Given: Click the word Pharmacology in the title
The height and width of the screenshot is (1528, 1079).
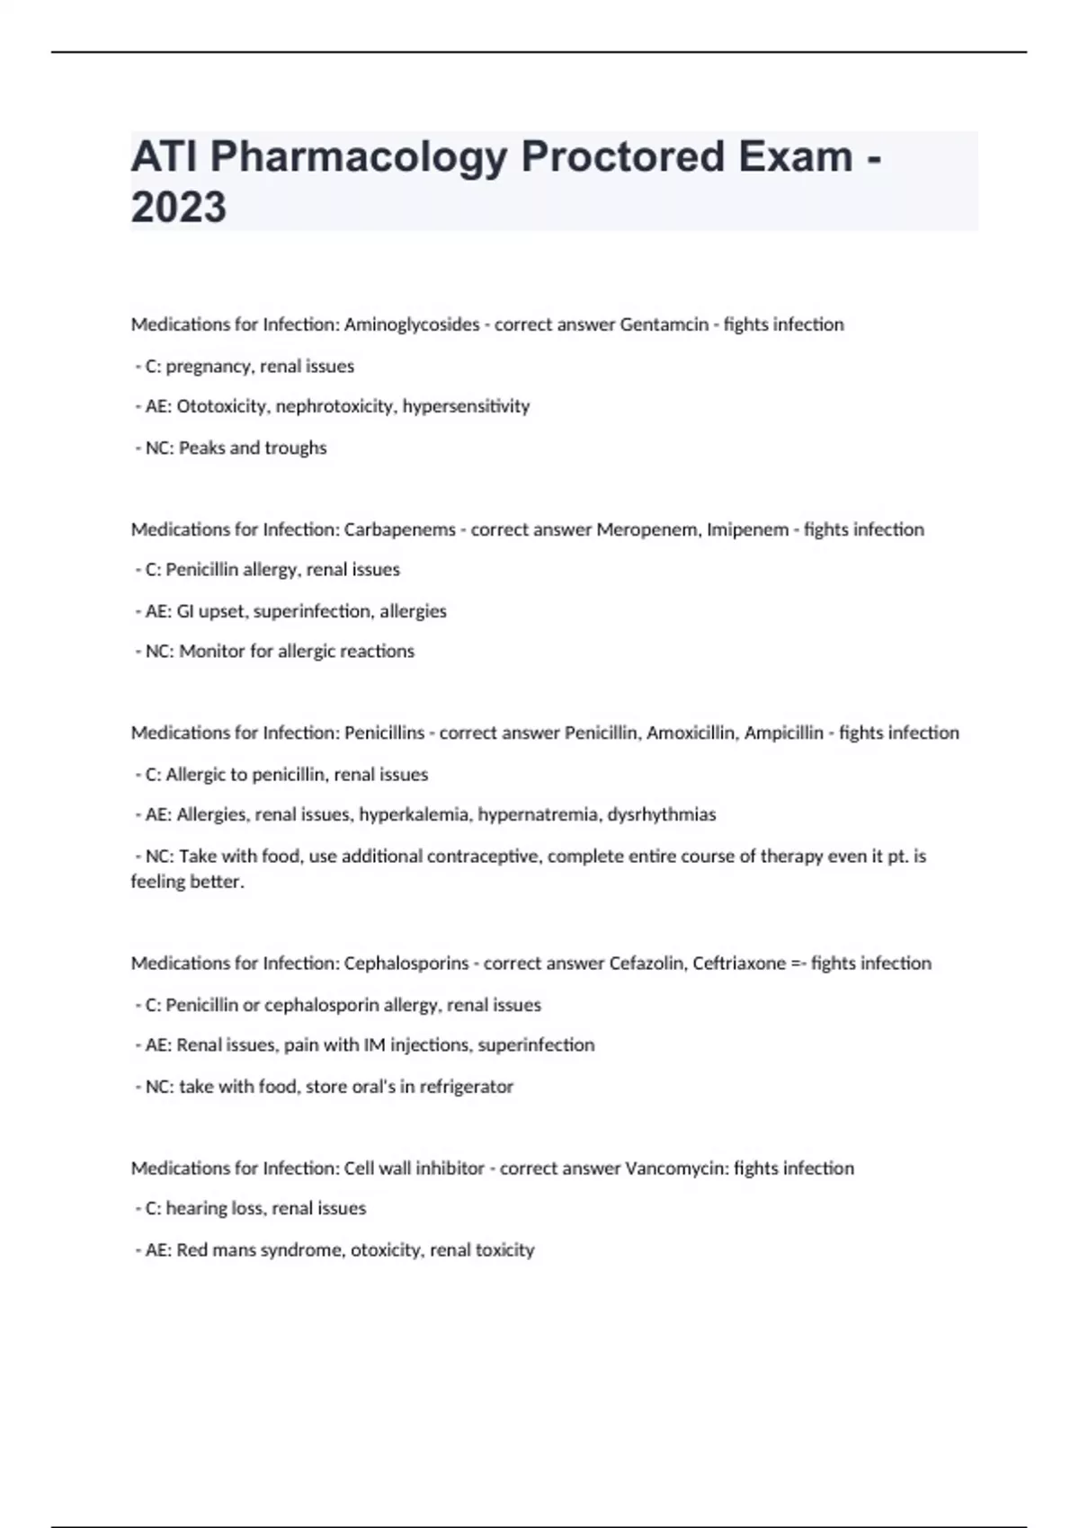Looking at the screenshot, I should tap(361, 157).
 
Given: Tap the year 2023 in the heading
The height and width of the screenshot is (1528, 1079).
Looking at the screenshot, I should tap(178, 208).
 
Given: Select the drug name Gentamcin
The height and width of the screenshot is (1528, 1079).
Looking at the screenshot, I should tap(664, 324).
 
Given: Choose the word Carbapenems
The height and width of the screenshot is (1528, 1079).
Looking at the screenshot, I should tap(399, 529).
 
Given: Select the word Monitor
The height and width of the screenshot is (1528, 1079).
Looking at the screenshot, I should tap(212, 652).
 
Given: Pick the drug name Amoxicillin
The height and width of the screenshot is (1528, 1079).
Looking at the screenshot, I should tap(692, 733).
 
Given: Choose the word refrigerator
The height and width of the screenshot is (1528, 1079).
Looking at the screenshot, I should tap(466, 1087).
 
